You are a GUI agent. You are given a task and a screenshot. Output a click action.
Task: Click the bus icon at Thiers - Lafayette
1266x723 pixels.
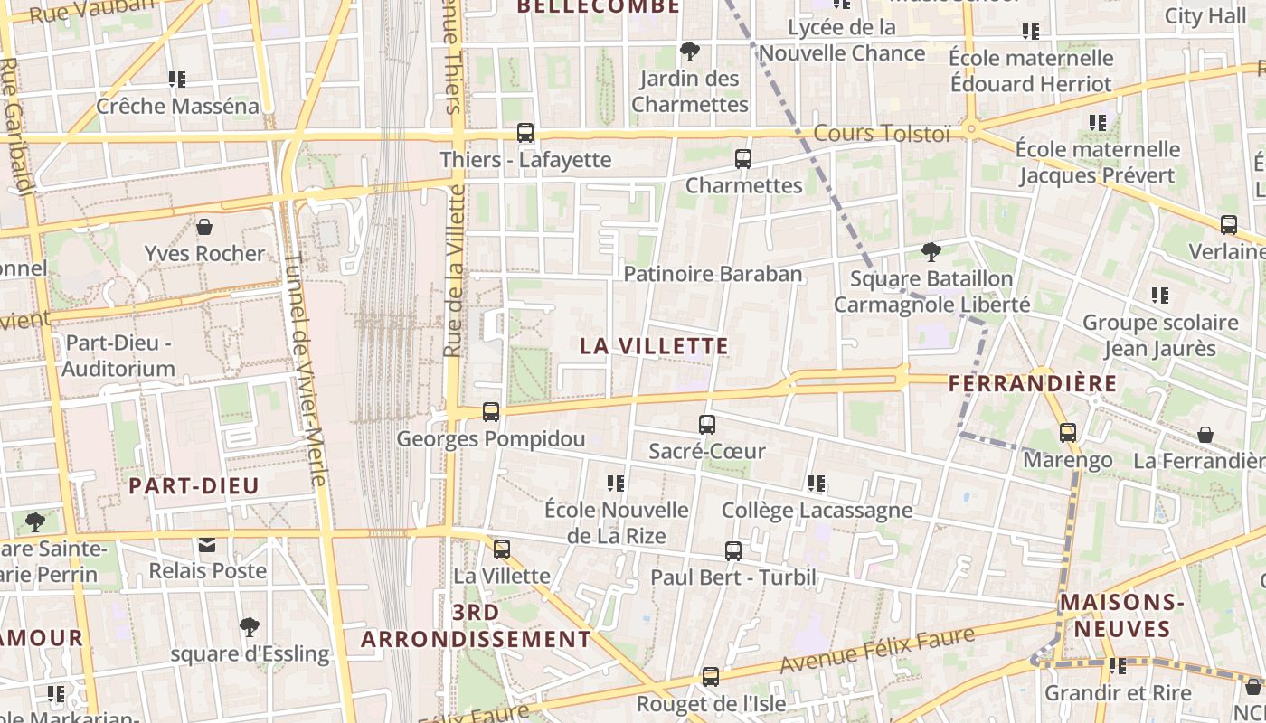coord(525,133)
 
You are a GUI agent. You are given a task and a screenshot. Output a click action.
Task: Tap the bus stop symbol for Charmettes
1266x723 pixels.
coord(743,159)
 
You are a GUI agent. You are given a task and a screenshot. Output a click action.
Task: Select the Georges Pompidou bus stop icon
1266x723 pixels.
coord(491,412)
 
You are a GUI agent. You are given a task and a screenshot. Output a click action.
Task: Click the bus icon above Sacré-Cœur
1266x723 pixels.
coord(707,424)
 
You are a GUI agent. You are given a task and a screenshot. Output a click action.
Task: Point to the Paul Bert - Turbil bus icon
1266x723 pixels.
coord(733,550)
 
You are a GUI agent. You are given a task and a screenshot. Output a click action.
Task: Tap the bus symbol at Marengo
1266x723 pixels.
coord(1068,433)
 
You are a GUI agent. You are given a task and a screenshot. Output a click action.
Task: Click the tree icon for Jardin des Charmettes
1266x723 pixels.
coord(690,52)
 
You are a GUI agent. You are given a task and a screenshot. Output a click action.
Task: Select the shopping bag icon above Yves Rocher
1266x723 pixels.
coord(204,227)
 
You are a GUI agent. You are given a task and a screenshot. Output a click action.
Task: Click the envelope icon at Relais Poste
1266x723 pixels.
coord(207,544)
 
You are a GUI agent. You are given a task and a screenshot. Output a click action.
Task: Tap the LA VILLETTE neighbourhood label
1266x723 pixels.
coord(654,346)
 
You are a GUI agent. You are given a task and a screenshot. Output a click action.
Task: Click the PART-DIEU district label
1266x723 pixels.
coord(194,485)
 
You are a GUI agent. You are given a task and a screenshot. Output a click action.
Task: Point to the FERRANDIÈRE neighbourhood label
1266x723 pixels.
coord(1033,383)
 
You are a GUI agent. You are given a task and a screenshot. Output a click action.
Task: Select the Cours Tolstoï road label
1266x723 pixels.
coord(882,134)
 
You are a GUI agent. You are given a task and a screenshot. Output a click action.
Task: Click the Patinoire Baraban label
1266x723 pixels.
coord(713,274)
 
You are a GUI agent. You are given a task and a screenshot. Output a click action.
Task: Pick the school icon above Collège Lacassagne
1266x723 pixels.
coord(817,484)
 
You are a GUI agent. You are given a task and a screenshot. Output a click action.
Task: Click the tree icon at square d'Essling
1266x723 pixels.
coord(250,626)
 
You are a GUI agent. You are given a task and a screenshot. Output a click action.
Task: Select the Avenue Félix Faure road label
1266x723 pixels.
coord(877,650)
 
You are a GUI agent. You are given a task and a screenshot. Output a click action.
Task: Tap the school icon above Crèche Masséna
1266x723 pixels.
coord(177,80)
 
